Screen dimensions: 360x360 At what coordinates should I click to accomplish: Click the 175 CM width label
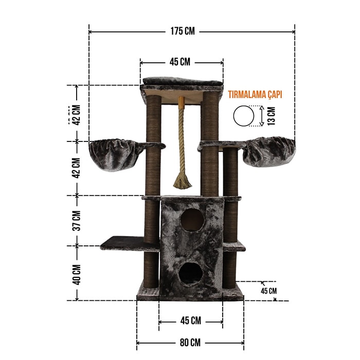[x=183, y=31]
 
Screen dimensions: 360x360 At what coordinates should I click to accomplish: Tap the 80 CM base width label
[x=190, y=343]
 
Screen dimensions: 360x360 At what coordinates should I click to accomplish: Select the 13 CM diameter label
[x=272, y=116]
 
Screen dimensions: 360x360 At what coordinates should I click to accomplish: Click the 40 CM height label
[x=77, y=275]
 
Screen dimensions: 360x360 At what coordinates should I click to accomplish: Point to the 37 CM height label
[x=77, y=221]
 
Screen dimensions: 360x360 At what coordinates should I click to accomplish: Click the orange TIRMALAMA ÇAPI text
[x=255, y=95]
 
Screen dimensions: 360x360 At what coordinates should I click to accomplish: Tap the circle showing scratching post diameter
[x=244, y=116]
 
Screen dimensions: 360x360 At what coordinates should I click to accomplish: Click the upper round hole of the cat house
[x=192, y=220]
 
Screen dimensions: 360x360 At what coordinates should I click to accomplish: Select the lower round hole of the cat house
[x=191, y=274]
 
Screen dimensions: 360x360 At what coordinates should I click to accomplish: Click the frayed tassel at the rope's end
[x=183, y=182]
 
